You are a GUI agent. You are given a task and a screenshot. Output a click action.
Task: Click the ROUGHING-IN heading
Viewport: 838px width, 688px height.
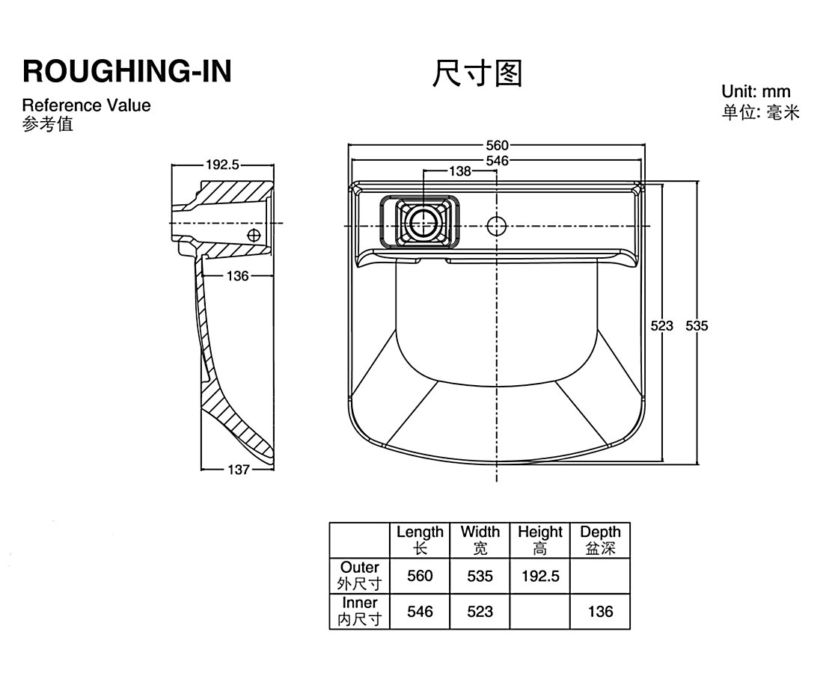[x=127, y=71]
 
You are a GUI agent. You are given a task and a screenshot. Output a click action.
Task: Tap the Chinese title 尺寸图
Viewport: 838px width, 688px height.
[x=477, y=74]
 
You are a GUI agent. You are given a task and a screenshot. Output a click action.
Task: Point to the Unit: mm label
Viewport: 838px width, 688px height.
[x=756, y=92]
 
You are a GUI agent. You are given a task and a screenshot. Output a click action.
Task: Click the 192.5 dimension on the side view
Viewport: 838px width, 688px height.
[x=222, y=165]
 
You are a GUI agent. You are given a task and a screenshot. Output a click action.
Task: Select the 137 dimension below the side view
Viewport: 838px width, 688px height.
[x=238, y=470]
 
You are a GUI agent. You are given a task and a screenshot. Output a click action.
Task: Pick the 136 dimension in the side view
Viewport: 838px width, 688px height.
[x=237, y=277]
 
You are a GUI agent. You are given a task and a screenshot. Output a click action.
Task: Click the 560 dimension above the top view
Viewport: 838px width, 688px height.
[x=497, y=146]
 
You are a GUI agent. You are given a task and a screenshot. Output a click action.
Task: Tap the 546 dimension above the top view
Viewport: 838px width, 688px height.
[x=497, y=160]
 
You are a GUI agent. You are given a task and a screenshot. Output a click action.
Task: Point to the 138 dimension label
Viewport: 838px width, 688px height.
[x=460, y=171]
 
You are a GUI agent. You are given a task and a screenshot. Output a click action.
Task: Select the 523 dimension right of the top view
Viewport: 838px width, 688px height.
[x=662, y=325]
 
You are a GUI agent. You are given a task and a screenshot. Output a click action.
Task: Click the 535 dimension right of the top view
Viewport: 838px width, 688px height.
[x=697, y=325]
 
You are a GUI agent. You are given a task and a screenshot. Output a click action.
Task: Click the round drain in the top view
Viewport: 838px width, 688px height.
[x=423, y=222]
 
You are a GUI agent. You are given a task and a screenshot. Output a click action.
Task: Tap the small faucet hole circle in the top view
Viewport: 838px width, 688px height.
[x=496, y=224]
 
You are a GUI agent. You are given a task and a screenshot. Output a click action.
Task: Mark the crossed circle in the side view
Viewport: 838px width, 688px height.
[x=254, y=235]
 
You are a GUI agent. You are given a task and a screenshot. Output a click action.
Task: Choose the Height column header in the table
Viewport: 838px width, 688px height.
[x=539, y=540]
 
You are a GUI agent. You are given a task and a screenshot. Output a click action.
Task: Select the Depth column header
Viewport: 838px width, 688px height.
[x=600, y=540]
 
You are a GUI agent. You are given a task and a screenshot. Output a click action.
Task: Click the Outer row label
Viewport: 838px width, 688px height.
[x=359, y=576]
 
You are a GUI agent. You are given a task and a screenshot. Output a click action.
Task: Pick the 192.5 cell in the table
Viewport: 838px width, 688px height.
[x=539, y=576]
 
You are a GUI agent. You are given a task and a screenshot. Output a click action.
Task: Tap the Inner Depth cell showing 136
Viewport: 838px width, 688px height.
[x=600, y=612]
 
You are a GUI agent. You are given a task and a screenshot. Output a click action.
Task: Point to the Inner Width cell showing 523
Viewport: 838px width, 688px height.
[x=480, y=612]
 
